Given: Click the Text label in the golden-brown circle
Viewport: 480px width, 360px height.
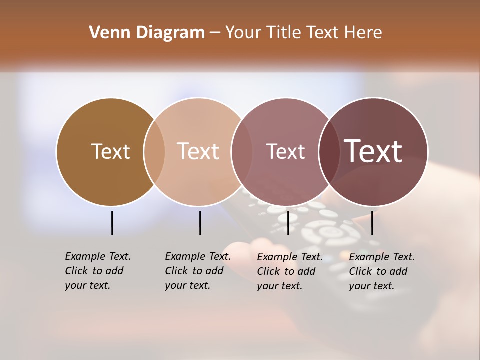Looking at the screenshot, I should [x=110, y=151].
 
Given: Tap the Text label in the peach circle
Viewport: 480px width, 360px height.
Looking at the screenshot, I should [x=198, y=151].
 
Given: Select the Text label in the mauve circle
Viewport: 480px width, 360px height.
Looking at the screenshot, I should [x=285, y=151].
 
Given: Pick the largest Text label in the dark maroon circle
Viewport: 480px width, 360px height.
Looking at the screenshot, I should [x=373, y=151].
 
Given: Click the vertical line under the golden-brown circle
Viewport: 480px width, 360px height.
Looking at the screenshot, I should [x=112, y=223].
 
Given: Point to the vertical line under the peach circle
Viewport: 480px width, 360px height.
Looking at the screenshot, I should [x=200, y=223].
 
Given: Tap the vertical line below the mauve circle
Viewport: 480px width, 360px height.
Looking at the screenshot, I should [x=288, y=223].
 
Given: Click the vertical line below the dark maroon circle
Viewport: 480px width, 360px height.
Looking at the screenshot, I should [x=372, y=223].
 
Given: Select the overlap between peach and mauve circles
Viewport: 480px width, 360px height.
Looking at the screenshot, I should [x=241, y=152].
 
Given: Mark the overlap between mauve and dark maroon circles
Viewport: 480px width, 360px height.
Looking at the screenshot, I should [x=329, y=152].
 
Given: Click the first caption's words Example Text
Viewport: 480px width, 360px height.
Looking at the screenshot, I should [x=98, y=256].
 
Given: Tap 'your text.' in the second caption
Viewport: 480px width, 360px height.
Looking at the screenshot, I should [x=187, y=285].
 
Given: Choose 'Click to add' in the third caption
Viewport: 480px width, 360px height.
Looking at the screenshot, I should [x=286, y=271].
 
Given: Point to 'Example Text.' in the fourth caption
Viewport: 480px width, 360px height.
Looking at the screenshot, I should [x=382, y=257].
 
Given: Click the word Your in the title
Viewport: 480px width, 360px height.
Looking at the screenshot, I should [x=243, y=33].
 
